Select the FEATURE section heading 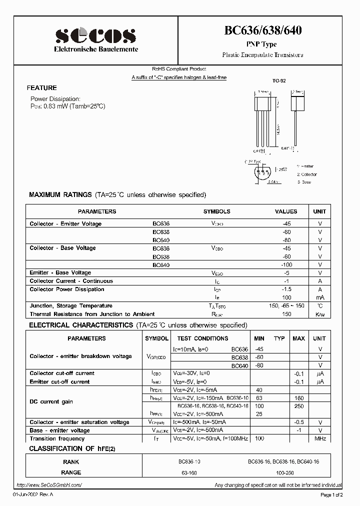(x=42, y=87)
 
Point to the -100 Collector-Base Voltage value (x=285, y=264)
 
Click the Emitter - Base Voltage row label (x=60, y=272)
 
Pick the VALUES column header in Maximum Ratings (x=286, y=211)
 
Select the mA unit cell (x=319, y=297)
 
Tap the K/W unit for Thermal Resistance (x=319, y=314)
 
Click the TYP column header (x=279, y=338)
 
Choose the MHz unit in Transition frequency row (x=319, y=438)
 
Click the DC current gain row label (x=51, y=401)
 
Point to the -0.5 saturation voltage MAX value (x=298, y=422)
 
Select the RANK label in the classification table (x=71, y=462)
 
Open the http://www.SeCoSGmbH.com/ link (x=48, y=485)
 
